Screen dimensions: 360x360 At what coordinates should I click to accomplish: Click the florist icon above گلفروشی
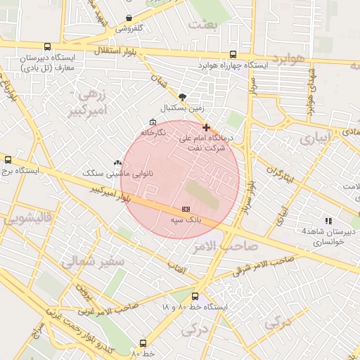pyautogui.click(x=129, y=18)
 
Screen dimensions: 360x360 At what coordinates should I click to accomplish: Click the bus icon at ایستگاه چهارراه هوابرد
pyautogui.click(x=233, y=54)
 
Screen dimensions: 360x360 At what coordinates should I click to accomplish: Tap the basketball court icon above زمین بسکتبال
pyautogui.click(x=183, y=97)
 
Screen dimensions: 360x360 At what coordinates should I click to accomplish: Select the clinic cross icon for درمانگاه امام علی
pyautogui.click(x=205, y=127)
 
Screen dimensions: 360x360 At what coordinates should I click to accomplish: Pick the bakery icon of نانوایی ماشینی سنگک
pyautogui.click(x=117, y=162)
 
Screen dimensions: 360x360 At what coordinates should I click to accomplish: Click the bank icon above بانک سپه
pyautogui.click(x=186, y=209)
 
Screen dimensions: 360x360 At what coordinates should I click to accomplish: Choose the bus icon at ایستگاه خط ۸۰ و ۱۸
pyautogui.click(x=195, y=297)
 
